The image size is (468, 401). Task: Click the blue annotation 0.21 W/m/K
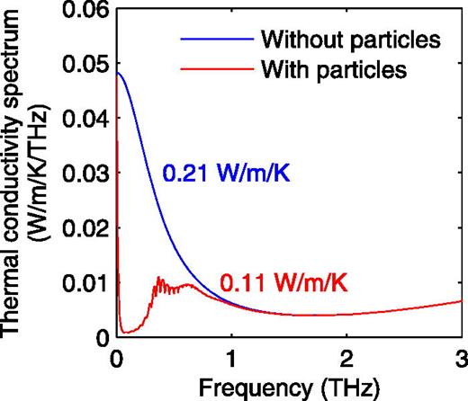(225, 172)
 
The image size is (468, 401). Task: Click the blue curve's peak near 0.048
(117, 73)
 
